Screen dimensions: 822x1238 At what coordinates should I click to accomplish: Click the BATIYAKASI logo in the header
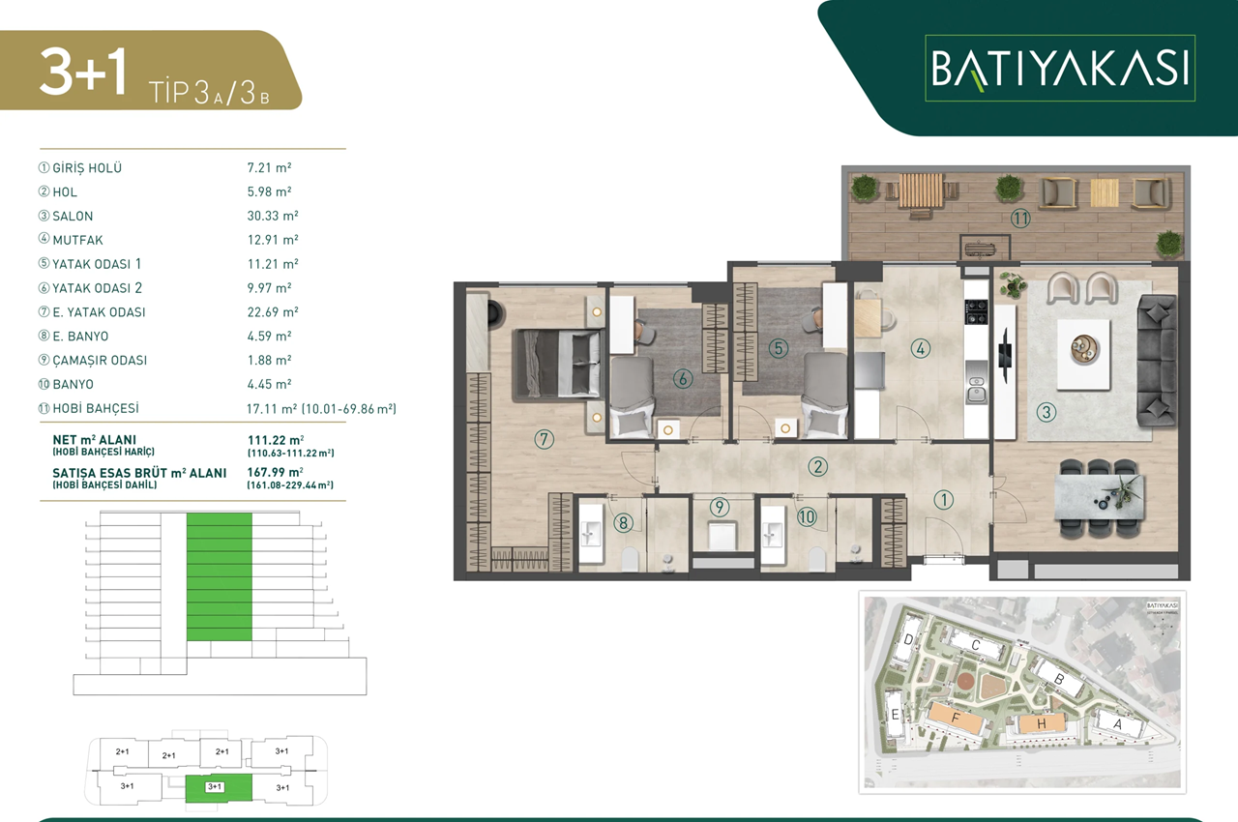[x=1060, y=69]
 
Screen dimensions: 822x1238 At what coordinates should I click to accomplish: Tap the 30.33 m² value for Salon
[x=273, y=216]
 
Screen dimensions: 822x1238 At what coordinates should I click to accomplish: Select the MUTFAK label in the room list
[x=79, y=240]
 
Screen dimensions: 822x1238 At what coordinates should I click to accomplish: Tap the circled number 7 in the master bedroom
[x=544, y=440]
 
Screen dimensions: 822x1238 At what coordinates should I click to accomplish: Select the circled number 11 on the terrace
[x=1020, y=220]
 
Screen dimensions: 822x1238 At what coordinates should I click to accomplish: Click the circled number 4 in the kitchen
[x=920, y=348]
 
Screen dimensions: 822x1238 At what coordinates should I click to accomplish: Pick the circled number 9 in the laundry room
[x=719, y=506]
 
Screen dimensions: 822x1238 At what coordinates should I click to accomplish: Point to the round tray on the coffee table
[x=1083, y=344]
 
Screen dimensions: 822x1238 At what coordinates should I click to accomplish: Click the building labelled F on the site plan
[x=956, y=719]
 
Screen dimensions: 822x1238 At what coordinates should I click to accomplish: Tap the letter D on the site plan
[x=909, y=640]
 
